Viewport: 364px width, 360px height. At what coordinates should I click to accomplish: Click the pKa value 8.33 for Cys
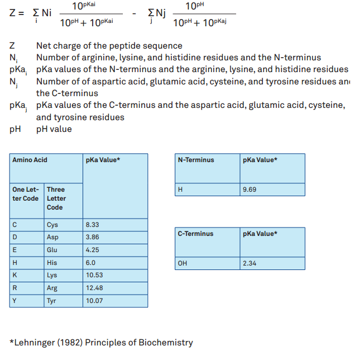tap(93, 225)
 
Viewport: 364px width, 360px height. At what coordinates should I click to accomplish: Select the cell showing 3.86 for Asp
tap(93, 237)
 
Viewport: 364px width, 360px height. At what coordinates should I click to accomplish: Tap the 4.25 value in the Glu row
tap(93, 250)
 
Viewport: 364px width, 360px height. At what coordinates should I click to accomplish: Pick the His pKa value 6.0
tap(91, 263)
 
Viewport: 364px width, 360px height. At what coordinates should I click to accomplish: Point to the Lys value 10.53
tap(94, 276)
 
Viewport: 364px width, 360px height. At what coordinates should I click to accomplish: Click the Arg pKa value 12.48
tap(94, 288)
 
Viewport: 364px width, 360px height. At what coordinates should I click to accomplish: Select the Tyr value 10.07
tap(94, 301)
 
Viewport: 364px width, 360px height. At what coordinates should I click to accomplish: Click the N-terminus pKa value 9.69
tap(250, 190)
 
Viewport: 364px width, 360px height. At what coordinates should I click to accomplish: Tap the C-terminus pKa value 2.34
tap(250, 263)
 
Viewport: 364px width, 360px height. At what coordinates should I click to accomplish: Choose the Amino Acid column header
tap(30, 160)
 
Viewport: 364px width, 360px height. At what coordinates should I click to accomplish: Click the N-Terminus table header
tap(196, 160)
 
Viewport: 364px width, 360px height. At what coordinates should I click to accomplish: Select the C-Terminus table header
tap(195, 234)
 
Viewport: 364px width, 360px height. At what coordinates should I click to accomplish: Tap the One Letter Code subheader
tap(26, 194)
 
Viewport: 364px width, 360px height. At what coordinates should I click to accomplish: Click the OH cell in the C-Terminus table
tap(182, 263)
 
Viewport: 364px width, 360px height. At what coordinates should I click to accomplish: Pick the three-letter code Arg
tap(52, 288)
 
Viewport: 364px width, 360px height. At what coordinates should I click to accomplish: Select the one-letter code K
tap(15, 276)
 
